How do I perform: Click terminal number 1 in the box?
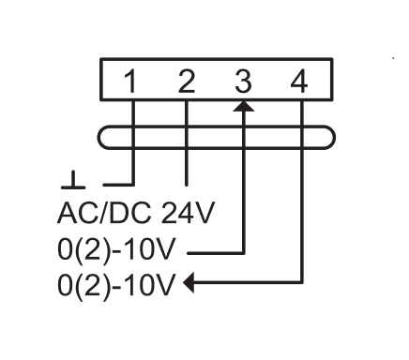[x=130, y=82]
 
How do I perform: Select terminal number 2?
[x=187, y=82]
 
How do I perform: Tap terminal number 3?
[x=243, y=82]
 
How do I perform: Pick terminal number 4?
[x=299, y=82]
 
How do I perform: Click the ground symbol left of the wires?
[x=73, y=180]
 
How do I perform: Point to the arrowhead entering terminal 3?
[x=244, y=106]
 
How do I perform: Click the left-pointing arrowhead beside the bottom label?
[x=189, y=282]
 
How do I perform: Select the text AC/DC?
[x=105, y=213]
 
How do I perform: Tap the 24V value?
[x=188, y=213]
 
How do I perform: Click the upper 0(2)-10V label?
[x=115, y=249]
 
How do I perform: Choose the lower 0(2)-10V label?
[x=115, y=285]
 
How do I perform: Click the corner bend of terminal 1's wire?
[x=133, y=185]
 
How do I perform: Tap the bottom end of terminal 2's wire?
[x=187, y=185]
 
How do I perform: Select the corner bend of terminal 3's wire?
[x=244, y=253]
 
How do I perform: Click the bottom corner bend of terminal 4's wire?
[x=302, y=282]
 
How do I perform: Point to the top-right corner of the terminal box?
[x=332, y=59]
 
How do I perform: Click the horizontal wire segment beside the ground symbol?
[x=119, y=185]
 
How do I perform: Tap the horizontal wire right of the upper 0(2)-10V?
[x=216, y=253]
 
